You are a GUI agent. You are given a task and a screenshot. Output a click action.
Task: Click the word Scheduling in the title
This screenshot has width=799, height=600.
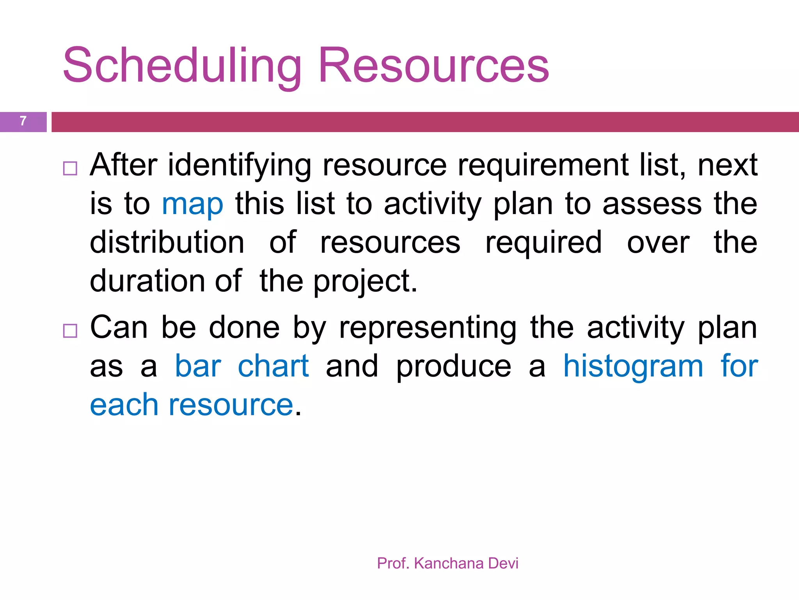(x=182, y=66)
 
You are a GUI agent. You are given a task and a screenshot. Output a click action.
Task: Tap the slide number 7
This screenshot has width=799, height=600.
(x=23, y=121)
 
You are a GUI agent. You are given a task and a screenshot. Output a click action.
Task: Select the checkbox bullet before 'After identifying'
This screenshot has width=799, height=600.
(x=70, y=168)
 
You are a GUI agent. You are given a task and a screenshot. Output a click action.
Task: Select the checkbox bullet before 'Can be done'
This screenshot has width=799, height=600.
(x=70, y=331)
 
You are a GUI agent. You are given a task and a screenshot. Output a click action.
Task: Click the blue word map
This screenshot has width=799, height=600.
(x=193, y=205)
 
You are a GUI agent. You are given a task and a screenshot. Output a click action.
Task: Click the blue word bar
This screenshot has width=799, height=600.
(x=198, y=366)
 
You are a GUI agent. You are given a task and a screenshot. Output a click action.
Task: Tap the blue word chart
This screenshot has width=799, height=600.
(x=273, y=366)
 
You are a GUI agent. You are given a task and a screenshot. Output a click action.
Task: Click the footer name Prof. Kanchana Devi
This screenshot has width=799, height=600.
(x=447, y=563)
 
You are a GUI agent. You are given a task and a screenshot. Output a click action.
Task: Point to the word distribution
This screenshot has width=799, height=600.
(x=167, y=243)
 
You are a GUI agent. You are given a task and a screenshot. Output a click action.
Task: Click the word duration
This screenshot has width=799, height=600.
(x=147, y=281)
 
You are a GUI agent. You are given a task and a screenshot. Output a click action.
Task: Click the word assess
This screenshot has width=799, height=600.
(x=652, y=205)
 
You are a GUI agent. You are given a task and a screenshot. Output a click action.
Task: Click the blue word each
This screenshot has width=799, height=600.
(x=124, y=405)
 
